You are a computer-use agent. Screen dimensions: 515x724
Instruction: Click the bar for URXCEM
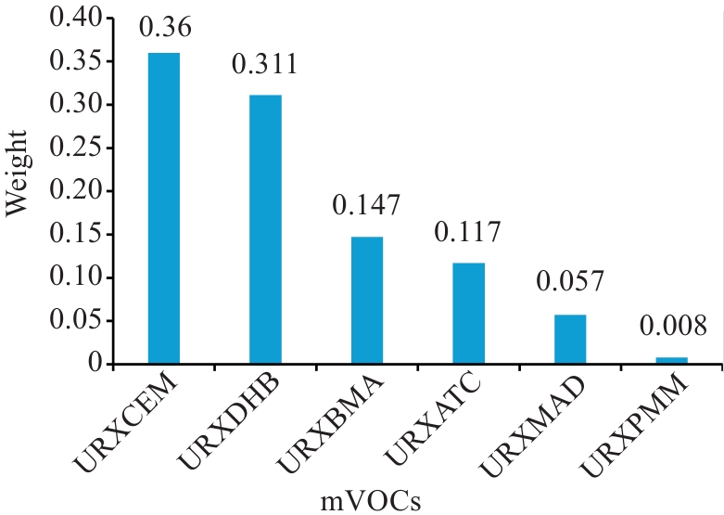[164, 209]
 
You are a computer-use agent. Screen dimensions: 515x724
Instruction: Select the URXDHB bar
[265, 229]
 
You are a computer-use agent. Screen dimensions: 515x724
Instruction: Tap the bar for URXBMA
[367, 301]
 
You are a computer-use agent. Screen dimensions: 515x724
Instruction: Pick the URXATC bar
[468, 314]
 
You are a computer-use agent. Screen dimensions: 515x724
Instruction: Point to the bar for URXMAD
[570, 340]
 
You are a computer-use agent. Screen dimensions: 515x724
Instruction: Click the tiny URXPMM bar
[671, 361]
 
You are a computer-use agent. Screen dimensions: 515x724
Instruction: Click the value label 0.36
[165, 29]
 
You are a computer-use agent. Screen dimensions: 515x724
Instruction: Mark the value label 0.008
[672, 327]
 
